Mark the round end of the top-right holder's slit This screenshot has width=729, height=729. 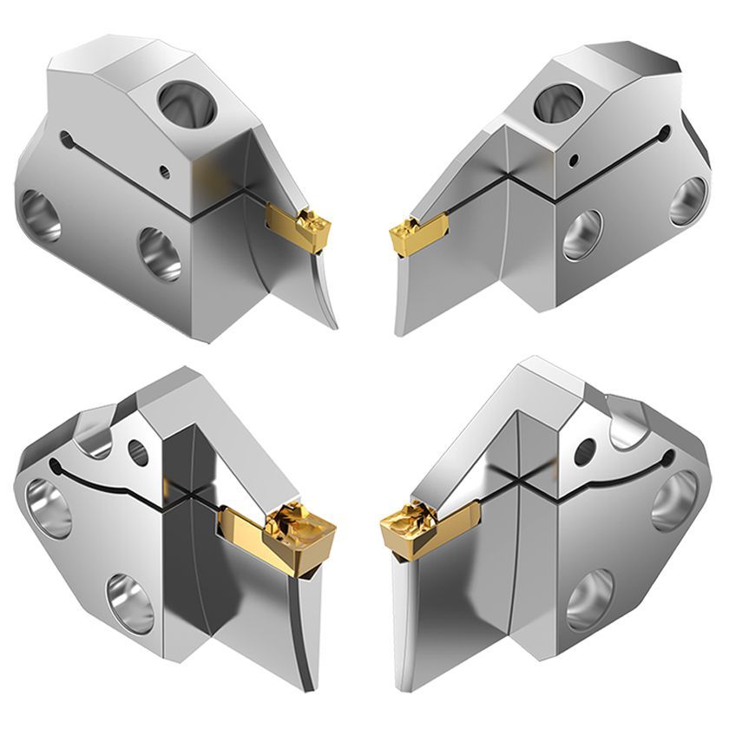click(x=666, y=133)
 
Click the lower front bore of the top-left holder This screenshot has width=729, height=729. click(x=159, y=253)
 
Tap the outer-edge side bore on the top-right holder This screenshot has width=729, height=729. click(x=691, y=196)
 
